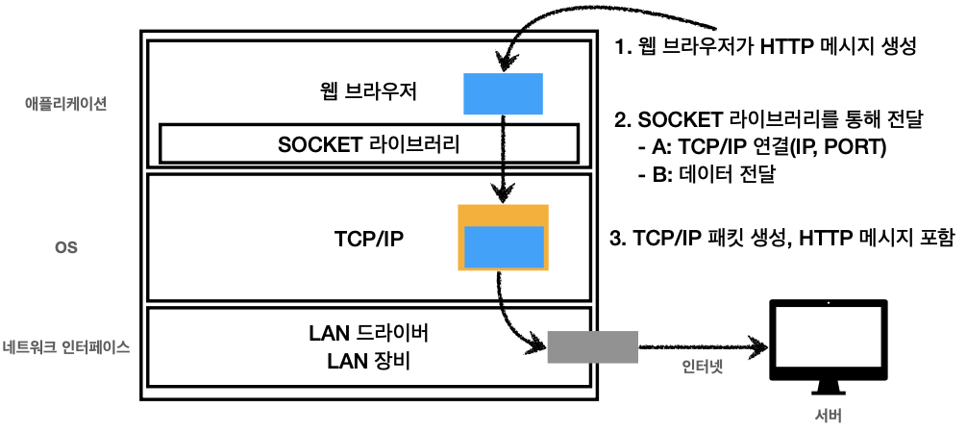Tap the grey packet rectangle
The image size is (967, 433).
(x=592, y=346)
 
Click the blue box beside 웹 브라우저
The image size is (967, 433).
(x=504, y=92)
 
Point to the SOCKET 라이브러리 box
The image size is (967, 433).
(x=369, y=145)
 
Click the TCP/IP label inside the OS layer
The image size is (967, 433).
(x=369, y=239)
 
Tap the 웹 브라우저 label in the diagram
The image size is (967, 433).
(x=358, y=93)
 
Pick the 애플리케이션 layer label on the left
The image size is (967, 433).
(x=65, y=103)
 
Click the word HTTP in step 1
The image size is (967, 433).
(x=787, y=45)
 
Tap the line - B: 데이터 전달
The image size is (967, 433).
(x=707, y=175)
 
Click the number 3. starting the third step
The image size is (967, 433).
(x=620, y=238)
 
